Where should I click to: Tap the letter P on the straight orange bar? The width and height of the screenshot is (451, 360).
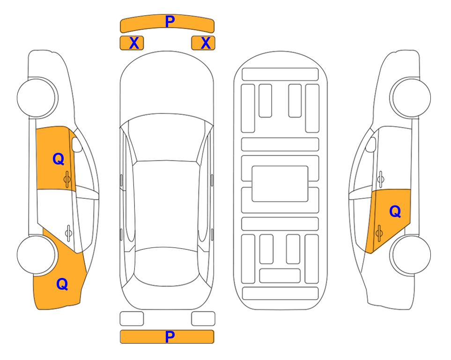point(170,337)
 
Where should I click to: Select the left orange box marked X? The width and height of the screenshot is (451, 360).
point(132,43)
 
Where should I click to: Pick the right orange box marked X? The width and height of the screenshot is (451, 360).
point(203,43)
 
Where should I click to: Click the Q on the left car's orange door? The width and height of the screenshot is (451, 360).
point(59,159)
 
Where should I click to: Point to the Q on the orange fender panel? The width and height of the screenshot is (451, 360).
point(62,284)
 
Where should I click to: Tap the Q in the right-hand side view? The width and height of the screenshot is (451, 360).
point(395,211)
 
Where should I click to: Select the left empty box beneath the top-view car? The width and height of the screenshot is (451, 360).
point(132,319)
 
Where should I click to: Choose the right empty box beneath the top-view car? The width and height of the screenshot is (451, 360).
point(203,319)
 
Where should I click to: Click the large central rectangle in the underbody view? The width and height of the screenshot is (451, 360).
point(280,184)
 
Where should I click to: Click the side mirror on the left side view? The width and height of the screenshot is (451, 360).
point(76,144)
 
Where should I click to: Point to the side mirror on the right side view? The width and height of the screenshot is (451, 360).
point(371,144)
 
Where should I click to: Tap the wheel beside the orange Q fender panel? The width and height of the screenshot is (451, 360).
point(37,255)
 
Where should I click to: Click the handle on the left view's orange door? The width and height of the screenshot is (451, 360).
point(67,180)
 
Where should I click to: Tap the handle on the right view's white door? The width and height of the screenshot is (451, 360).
point(381,179)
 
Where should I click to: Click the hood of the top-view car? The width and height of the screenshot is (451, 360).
point(167,86)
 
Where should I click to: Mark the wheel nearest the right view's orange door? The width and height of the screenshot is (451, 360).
point(410,255)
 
